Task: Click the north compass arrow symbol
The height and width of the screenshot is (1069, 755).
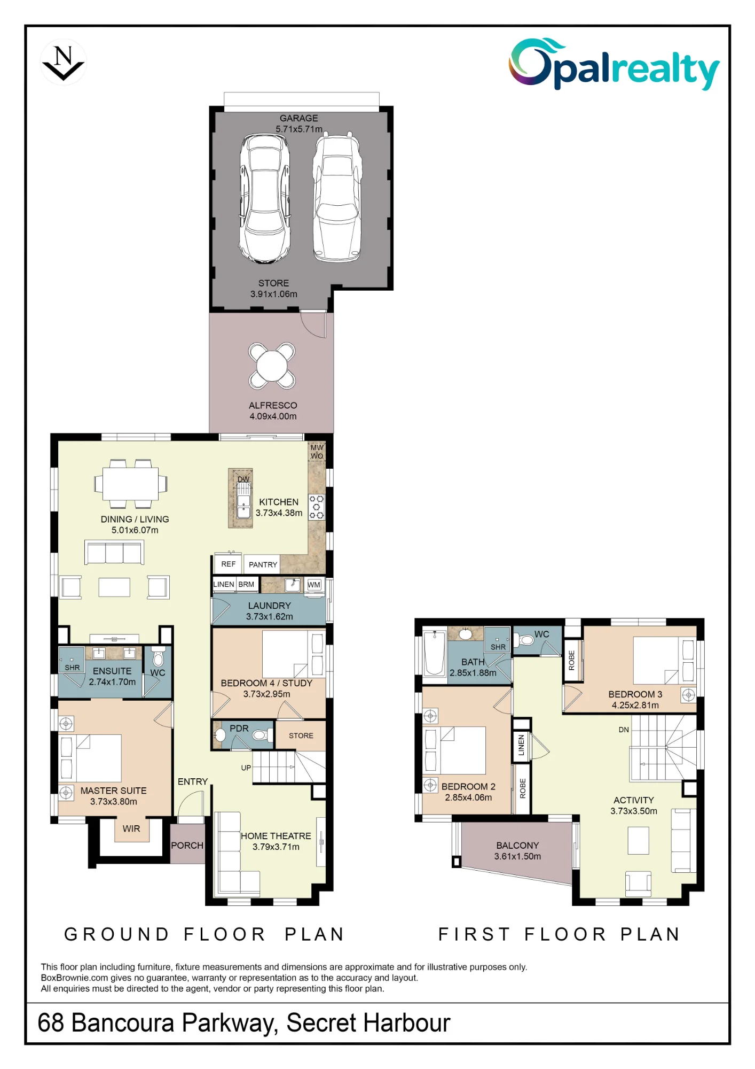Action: pyautogui.click(x=63, y=63)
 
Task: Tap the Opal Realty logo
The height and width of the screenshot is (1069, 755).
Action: pyautogui.click(x=614, y=64)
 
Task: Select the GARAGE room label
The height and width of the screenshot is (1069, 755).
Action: pyautogui.click(x=298, y=118)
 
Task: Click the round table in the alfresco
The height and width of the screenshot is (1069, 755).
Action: pyautogui.click(x=272, y=366)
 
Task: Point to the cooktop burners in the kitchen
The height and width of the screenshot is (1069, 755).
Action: pyautogui.click(x=316, y=507)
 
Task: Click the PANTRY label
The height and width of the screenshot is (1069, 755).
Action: pyautogui.click(x=263, y=564)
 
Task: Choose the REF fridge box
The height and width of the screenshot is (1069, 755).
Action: pyautogui.click(x=228, y=564)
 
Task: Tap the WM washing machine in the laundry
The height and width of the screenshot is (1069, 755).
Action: pyautogui.click(x=314, y=585)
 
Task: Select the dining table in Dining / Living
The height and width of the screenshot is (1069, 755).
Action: pyautogui.click(x=131, y=484)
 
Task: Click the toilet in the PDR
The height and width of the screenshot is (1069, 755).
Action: pyautogui.click(x=259, y=735)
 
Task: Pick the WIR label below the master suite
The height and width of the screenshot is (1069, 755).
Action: pyautogui.click(x=131, y=828)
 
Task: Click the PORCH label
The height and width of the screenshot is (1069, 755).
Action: pyautogui.click(x=187, y=845)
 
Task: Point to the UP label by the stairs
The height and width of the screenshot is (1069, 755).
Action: pyautogui.click(x=246, y=768)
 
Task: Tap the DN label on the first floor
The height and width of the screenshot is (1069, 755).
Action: pyautogui.click(x=624, y=730)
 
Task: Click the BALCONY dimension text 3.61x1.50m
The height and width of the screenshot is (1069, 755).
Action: pyautogui.click(x=517, y=856)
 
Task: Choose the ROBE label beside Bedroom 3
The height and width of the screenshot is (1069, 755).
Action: pyautogui.click(x=572, y=660)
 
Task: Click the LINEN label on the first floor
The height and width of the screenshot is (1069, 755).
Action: pyautogui.click(x=521, y=745)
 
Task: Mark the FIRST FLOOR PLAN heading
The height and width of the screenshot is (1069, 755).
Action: pyautogui.click(x=559, y=934)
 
